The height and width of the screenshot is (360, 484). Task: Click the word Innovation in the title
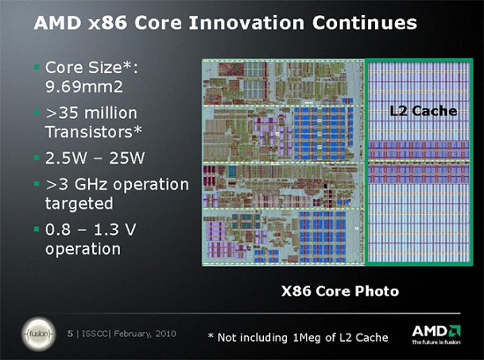pyautogui.click(x=246, y=23)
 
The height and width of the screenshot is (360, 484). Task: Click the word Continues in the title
pyautogui.click(x=364, y=23)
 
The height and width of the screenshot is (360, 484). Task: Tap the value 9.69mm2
pyautogui.click(x=84, y=87)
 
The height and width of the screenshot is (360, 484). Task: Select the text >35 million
pyautogui.click(x=91, y=113)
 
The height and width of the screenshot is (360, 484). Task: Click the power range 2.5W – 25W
pyautogui.click(x=95, y=158)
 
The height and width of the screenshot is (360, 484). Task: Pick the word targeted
pyautogui.click(x=79, y=204)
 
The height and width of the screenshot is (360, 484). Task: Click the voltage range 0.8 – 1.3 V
pyautogui.click(x=91, y=230)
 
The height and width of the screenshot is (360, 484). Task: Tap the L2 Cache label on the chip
pyautogui.click(x=423, y=111)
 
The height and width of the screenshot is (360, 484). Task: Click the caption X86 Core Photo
pyautogui.click(x=340, y=290)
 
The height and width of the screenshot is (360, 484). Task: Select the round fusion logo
pyautogui.click(x=39, y=334)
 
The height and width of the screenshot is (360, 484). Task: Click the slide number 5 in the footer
pyautogui.click(x=70, y=334)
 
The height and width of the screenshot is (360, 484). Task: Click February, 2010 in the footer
pyautogui.click(x=145, y=334)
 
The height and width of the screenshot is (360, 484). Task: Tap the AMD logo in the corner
pyautogui.click(x=436, y=331)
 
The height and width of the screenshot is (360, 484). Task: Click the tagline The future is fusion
pyautogui.click(x=436, y=342)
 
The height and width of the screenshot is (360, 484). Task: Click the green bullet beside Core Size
pyautogui.click(x=37, y=67)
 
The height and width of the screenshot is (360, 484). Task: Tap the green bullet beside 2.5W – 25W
pyautogui.click(x=37, y=158)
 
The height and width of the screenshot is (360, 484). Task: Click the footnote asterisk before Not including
pyautogui.click(x=211, y=335)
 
